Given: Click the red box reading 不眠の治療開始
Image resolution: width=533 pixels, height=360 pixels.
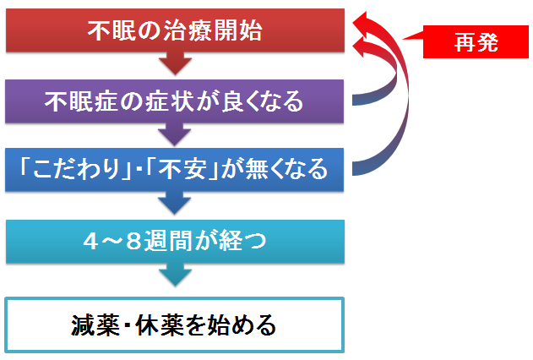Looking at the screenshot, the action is click(x=175, y=30).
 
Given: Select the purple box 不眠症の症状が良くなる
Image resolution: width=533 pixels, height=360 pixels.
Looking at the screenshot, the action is click(x=174, y=101).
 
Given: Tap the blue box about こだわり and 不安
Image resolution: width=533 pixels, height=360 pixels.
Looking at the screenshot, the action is click(x=174, y=170).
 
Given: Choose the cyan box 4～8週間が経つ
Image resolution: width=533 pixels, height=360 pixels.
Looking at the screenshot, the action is click(x=175, y=242).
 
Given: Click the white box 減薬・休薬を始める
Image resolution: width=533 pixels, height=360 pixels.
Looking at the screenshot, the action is click(x=174, y=325).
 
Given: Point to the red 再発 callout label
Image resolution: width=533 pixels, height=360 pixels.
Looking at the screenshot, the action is click(x=476, y=41).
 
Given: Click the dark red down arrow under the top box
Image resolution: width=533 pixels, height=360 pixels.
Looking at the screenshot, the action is click(x=175, y=63).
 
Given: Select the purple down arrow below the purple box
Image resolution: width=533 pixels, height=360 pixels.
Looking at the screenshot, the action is click(x=174, y=134).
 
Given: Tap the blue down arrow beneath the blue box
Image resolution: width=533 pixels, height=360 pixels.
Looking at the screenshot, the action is click(x=174, y=203).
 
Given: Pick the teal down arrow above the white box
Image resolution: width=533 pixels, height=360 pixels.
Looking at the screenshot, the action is click(x=175, y=275).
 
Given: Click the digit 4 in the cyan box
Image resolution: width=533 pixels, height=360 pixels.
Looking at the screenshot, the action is click(x=90, y=242).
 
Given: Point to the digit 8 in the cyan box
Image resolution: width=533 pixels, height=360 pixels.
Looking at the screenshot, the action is click(x=133, y=242).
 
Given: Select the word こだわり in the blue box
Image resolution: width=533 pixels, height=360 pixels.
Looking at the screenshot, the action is click(x=76, y=169).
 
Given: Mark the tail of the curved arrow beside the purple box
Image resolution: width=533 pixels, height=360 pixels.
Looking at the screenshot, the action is click(x=354, y=100).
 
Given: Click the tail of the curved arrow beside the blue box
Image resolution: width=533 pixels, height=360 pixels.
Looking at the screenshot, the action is click(x=354, y=169).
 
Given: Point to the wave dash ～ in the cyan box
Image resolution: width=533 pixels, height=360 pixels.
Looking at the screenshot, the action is click(x=111, y=242).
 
